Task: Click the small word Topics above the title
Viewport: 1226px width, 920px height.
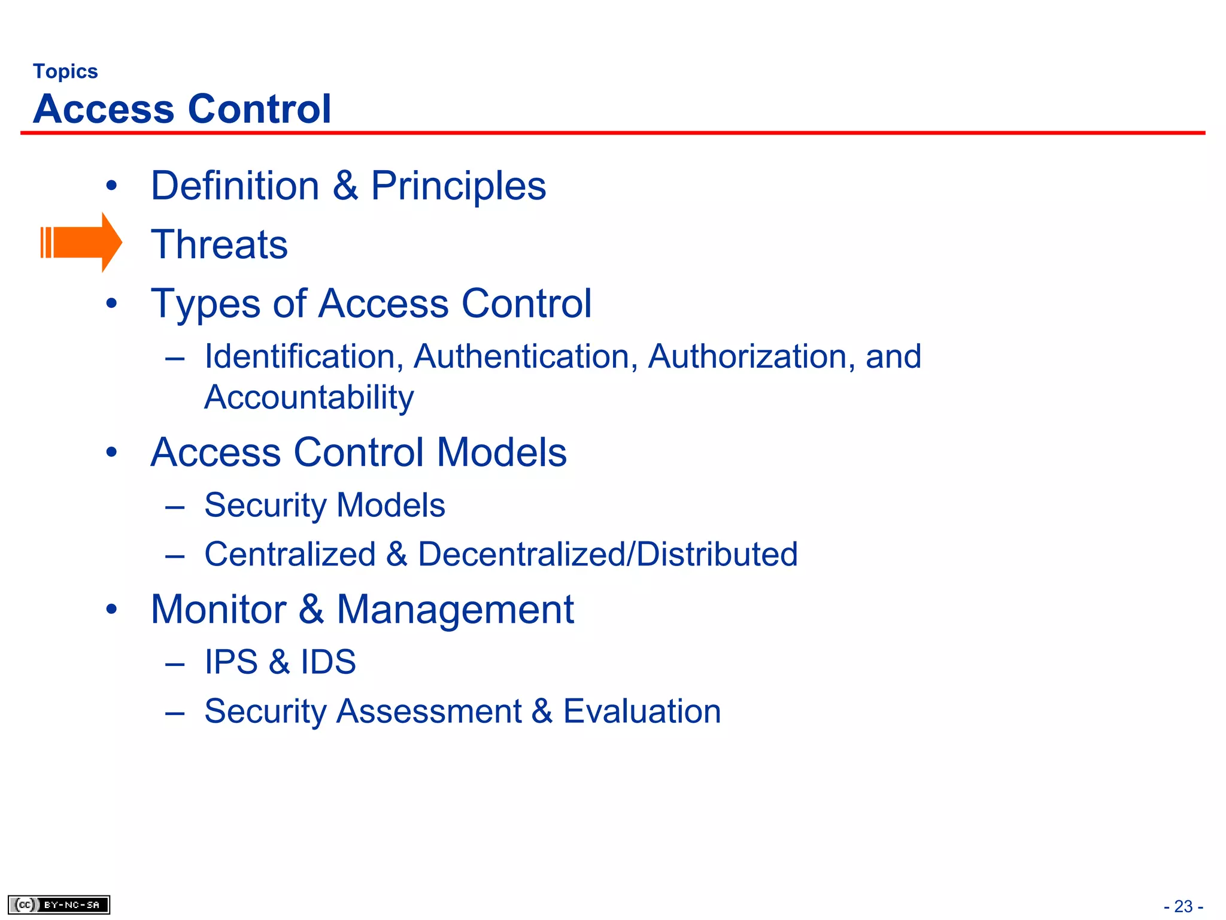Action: tap(65, 72)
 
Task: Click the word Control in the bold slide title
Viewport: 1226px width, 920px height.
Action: tap(259, 109)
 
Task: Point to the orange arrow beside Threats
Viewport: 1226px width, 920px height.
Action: tap(81, 243)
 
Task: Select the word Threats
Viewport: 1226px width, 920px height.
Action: tap(219, 244)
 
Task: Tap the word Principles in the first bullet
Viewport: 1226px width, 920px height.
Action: tap(458, 186)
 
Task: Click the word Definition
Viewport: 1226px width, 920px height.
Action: tap(235, 186)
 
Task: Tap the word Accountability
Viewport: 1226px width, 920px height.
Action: tap(309, 398)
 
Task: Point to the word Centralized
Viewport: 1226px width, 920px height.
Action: tap(290, 554)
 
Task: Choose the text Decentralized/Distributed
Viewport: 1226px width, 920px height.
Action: tap(608, 554)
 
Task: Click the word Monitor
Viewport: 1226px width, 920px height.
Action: tap(219, 610)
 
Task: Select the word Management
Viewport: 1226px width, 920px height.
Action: tap(455, 610)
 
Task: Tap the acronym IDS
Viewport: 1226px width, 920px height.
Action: tap(328, 662)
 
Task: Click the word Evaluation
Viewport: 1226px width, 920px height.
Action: tap(642, 712)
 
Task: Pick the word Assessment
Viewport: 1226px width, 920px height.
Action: tap(429, 712)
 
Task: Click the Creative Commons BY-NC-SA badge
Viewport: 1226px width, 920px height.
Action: tap(59, 904)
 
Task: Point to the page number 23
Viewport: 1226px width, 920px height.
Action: tap(1183, 906)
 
